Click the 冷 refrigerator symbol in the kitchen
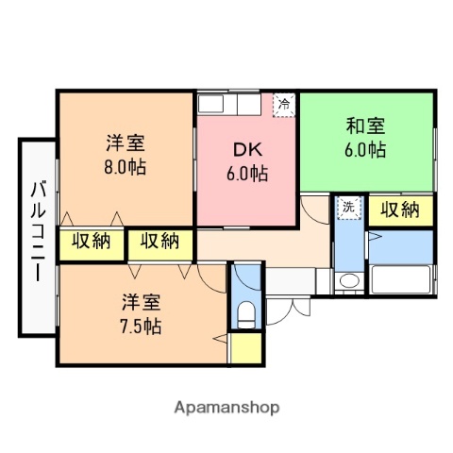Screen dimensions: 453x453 (283, 105)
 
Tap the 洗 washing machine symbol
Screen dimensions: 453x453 (349, 207)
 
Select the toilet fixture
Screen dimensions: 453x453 (247, 313)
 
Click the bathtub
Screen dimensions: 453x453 (401, 280)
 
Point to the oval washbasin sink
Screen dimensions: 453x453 (349, 280)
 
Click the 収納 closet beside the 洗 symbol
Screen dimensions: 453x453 (400, 210)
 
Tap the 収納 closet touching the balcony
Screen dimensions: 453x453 (91, 242)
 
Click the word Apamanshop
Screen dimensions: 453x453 (226, 409)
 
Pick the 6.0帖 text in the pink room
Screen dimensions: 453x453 (247, 174)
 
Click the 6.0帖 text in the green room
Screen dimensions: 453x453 (364, 148)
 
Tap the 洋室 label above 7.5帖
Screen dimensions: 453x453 (141, 303)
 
